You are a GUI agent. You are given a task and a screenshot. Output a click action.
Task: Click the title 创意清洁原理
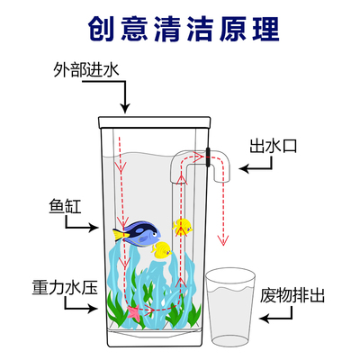coord(180,26)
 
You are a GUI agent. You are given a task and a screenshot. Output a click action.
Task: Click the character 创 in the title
coord(101,26)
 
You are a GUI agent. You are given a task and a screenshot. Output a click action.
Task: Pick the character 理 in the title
coord(259,26)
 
